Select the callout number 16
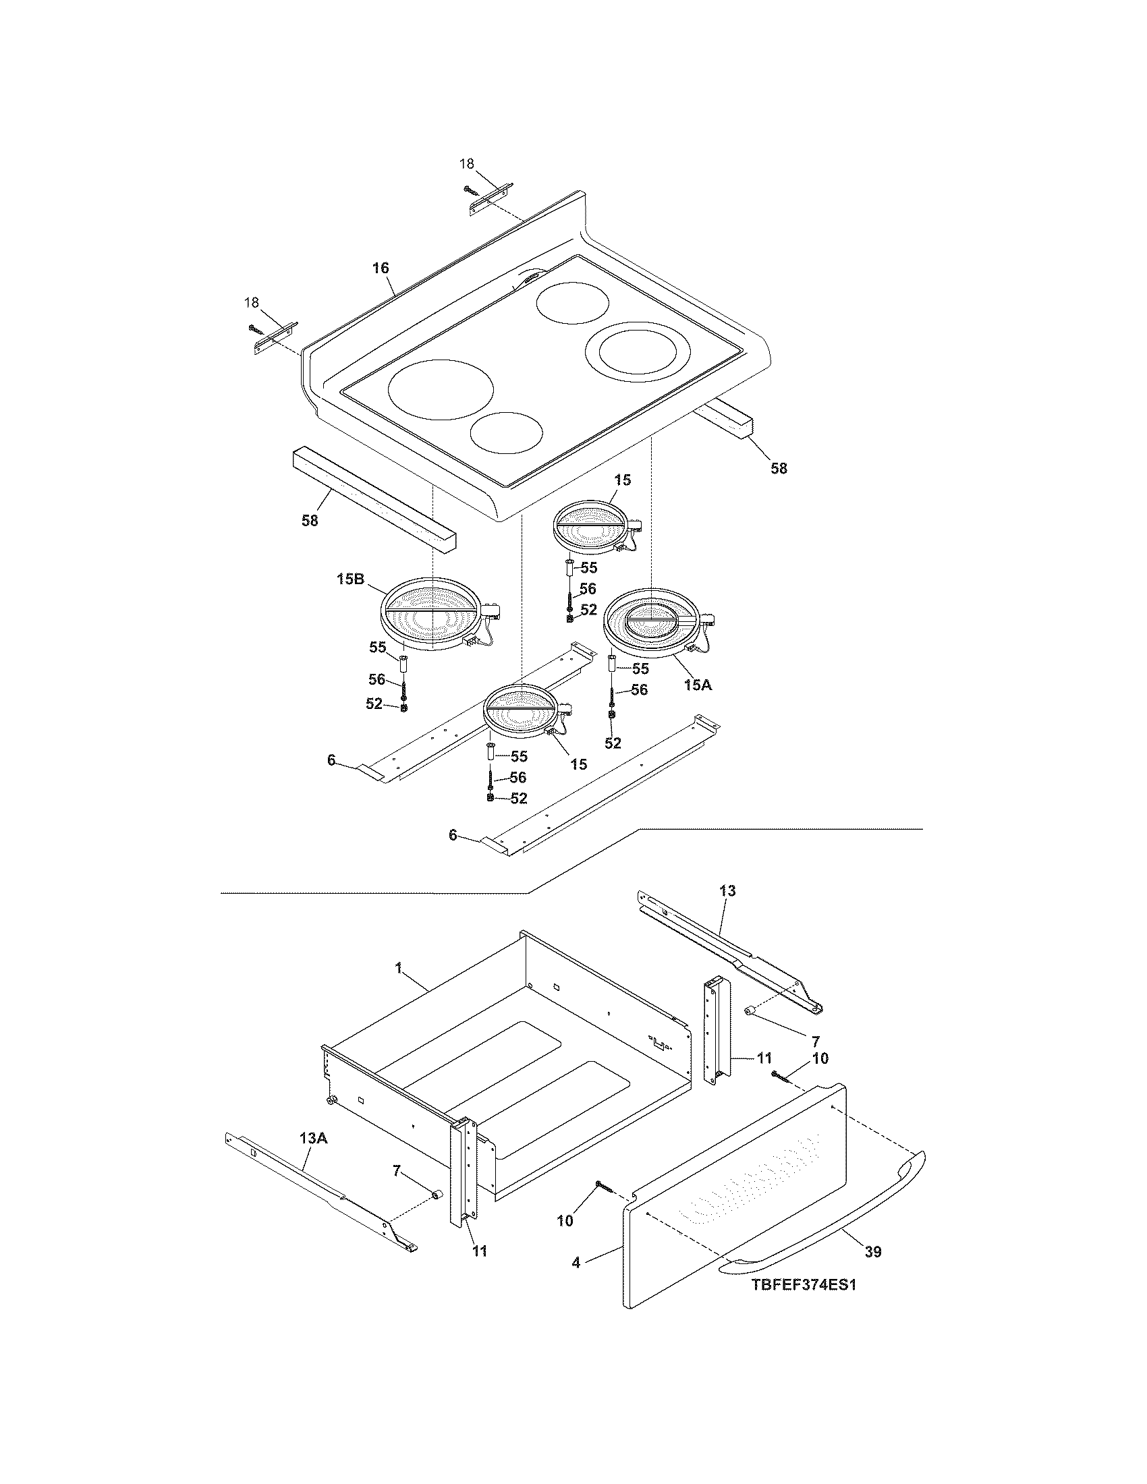[x=381, y=268]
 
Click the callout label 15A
[x=698, y=685]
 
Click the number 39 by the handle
[x=873, y=1251]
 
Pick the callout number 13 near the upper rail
[x=727, y=890]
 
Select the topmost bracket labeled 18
[x=491, y=201]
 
